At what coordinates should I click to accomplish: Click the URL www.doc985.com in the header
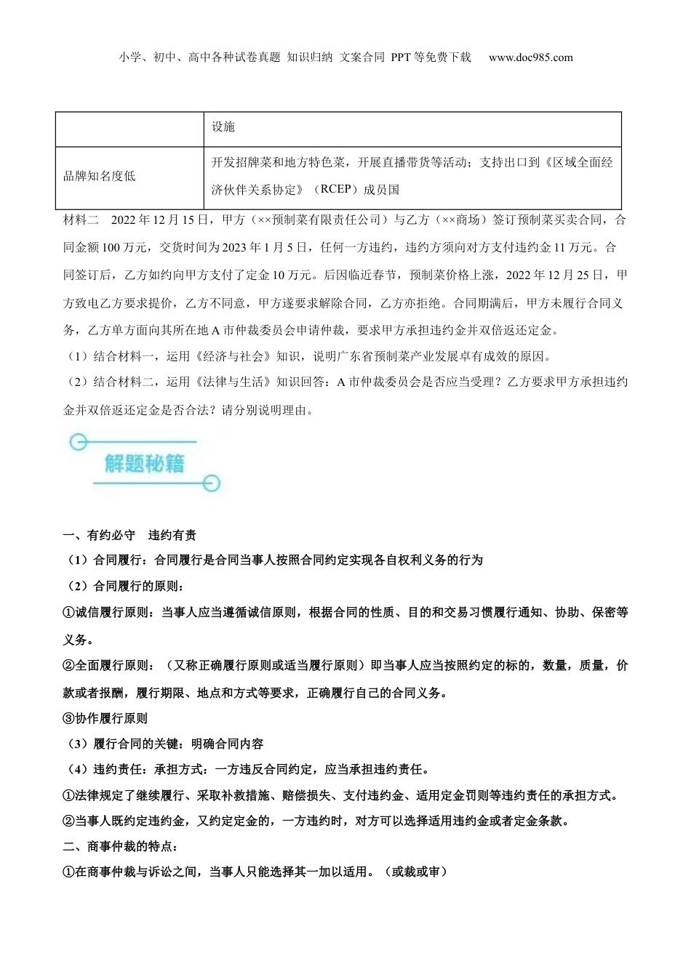[530, 57]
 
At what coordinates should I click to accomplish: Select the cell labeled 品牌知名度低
[99, 177]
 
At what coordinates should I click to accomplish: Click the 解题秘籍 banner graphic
[144, 463]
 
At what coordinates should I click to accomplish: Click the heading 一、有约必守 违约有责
[129, 535]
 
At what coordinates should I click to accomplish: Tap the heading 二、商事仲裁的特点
[121, 846]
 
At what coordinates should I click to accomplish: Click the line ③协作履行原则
[105, 718]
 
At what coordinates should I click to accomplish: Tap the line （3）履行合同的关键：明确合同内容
[164, 744]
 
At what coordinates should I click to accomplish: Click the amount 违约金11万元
[554, 247]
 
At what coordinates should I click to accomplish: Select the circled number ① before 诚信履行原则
[69, 612]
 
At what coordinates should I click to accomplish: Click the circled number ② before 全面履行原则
[69, 665]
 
